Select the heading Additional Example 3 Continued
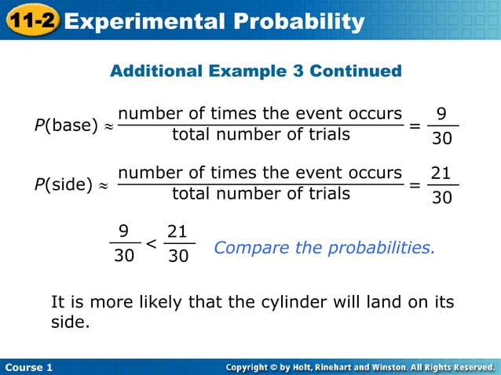(x=256, y=71)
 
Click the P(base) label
(x=66, y=125)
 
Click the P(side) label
(x=64, y=185)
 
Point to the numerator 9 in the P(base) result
(x=443, y=115)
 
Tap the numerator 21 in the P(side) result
(x=442, y=174)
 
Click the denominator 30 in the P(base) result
(x=442, y=139)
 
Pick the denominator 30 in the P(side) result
(x=442, y=198)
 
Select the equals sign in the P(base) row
(x=415, y=126)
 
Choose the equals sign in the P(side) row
(x=415, y=186)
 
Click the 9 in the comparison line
(x=123, y=231)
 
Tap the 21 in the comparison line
(x=178, y=231)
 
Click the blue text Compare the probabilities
(x=324, y=248)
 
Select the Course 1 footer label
(x=28, y=367)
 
